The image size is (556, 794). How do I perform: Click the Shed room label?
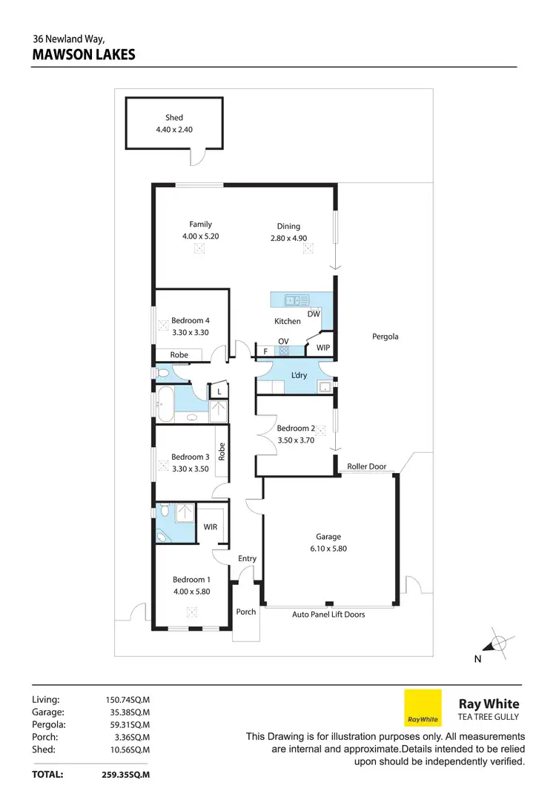click(174, 117)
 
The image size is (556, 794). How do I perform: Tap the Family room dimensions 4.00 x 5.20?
click(200, 236)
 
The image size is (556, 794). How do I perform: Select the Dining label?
click(289, 226)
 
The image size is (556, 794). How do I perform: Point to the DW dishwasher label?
click(313, 314)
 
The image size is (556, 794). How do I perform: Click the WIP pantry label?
click(323, 347)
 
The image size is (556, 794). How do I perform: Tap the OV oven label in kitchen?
click(283, 341)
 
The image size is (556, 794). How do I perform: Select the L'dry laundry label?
click(299, 375)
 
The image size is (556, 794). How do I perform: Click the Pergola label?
click(385, 336)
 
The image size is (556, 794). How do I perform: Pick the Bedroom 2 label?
click(296, 428)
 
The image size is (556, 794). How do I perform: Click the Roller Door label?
click(367, 466)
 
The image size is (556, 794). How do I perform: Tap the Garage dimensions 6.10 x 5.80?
click(328, 549)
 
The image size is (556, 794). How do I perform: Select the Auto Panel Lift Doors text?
click(328, 614)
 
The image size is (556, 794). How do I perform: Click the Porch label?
click(245, 612)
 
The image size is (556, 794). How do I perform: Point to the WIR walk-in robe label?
click(210, 527)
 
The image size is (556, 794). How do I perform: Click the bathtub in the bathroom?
click(165, 405)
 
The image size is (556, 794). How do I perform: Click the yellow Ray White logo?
click(423, 707)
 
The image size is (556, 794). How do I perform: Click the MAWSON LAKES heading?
click(84, 54)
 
